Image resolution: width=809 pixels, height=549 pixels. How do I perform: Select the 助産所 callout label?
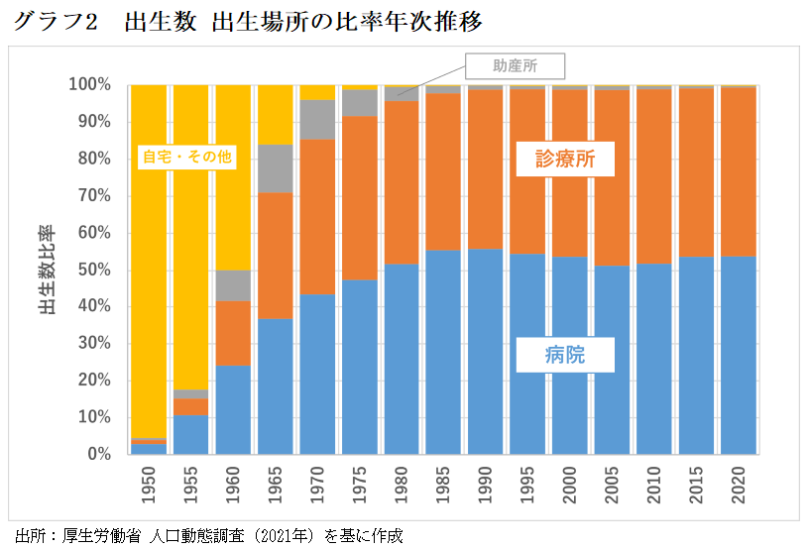click(516, 66)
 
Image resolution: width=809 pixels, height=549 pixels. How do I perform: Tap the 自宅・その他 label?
click(179, 157)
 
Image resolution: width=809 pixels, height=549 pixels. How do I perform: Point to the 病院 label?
click(565, 354)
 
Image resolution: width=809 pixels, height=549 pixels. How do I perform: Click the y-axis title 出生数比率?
click(46, 270)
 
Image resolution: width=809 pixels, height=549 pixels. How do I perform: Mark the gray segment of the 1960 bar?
click(233, 285)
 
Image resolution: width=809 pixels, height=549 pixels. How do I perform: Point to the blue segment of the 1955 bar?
click(191, 435)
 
